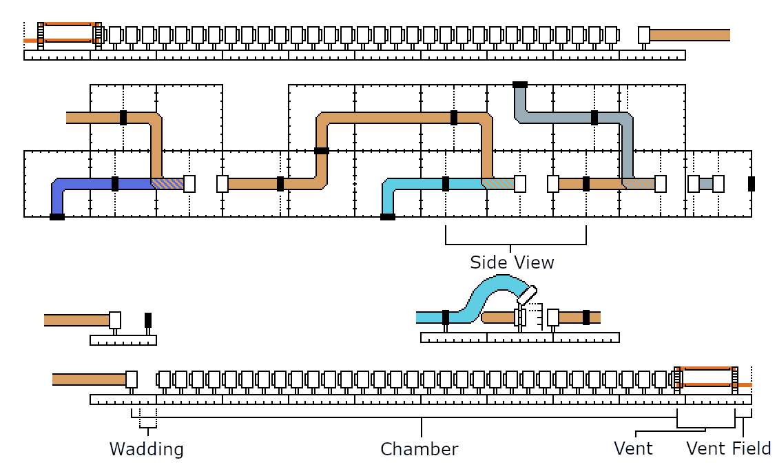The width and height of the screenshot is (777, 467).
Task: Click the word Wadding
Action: (x=147, y=450)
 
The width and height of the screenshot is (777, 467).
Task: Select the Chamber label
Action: (x=419, y=450)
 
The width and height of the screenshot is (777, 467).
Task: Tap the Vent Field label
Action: (x=728, y=449)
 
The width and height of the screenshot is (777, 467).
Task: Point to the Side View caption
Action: (x=512, y=262)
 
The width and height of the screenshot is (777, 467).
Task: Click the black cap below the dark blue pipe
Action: (x=57, y=217)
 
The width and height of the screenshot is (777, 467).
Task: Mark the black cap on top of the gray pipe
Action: (x=520, y=85)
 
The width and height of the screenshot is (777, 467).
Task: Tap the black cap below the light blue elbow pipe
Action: (x=388, y=217)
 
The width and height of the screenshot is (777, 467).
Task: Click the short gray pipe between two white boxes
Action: (x=706, y=184)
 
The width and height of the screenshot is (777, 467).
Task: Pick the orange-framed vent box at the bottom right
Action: (x=707, y=379)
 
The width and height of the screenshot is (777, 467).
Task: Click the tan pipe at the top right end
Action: (x=690, y=35)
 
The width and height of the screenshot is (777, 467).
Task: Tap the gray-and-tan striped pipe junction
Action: (x=638, y=184)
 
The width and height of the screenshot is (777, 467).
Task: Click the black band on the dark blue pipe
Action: (x=115, y=184)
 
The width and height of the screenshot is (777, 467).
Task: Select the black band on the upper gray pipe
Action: (x=594, y=118)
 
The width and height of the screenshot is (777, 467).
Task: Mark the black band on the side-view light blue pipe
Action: (x=446, y=317)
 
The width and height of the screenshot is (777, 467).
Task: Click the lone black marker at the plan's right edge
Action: (x=752, y=184)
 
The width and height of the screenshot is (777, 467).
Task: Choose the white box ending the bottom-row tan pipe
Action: (x=132, y=380)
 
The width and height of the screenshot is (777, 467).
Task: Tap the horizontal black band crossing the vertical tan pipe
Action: (x=322, y=151)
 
